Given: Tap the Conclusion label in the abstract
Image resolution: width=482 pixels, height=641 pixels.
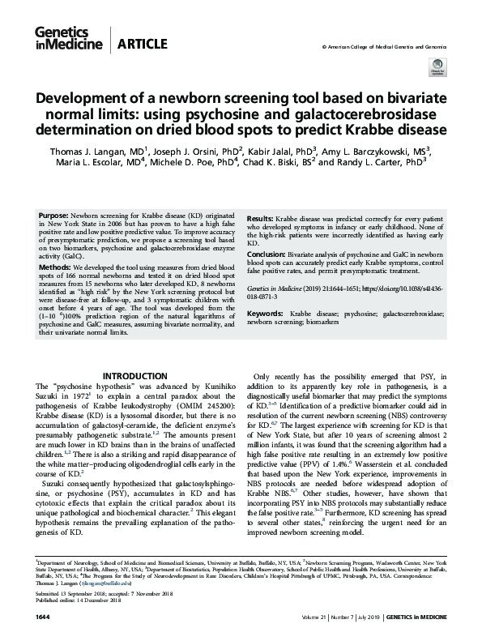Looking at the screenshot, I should coord(267,252).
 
